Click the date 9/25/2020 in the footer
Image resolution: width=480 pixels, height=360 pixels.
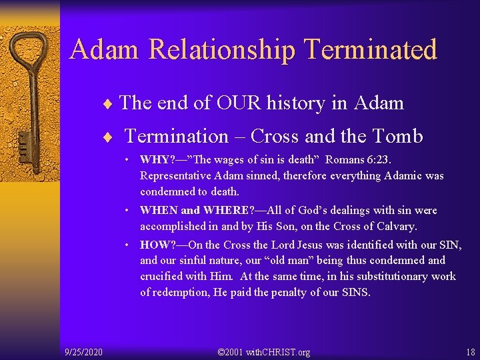point(83,351)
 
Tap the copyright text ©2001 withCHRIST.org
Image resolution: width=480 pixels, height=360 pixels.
point(264,351)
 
